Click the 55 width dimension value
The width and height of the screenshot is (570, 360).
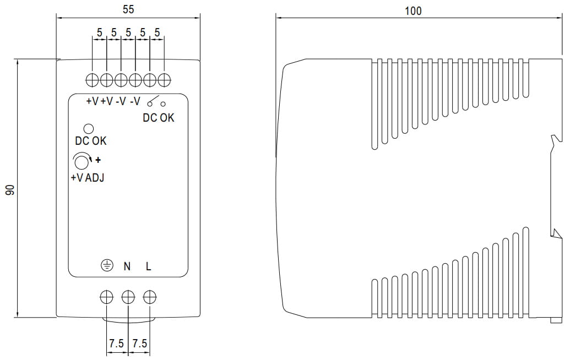[128, 9]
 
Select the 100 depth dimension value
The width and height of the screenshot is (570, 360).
[413, 10]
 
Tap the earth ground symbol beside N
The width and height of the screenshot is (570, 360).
[106, 266]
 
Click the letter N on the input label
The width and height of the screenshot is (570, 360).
[127, 266]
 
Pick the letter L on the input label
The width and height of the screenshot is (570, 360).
[149, 266]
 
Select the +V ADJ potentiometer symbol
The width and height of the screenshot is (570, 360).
[82, 162]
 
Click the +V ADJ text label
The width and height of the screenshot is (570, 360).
[87, 178]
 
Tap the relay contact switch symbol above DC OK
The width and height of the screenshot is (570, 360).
[156, 101]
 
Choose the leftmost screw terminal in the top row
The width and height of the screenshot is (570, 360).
[93, 80]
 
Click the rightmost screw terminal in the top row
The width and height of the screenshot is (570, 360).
[164, 80]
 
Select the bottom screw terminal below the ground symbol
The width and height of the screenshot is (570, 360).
[106, 297]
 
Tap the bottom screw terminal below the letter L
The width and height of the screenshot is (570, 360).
[149, 297]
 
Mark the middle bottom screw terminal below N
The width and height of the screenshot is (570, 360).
[128, 297]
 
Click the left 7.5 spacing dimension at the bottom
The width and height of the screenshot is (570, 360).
[116, 343]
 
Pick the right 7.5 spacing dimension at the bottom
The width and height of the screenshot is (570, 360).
[140, 343]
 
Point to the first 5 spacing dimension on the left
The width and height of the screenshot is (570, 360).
[100, 33]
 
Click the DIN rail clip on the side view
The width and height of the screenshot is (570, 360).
[556, 187]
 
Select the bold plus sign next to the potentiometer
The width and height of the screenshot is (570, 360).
[99, 161]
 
